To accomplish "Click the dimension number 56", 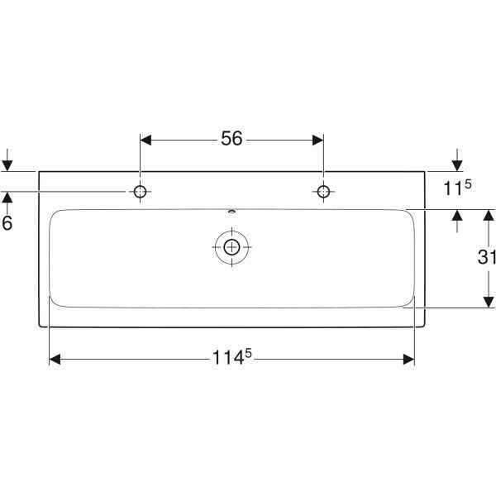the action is pyautogui.click(x=231, y=139).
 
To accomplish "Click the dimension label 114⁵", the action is pyautogui.click(x=231, y=357).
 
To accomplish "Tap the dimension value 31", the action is pyautogui.click(x=487, y=257).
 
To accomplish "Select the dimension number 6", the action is pyautogui.click(x=7, y=223).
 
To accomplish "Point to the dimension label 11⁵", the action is pyautogui.click(x=457, y=188).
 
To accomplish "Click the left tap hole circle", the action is pyautogui.click(x=141, y=192).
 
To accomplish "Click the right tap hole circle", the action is pyautogui.click(x=323, y=192).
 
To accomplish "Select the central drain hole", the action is pyautogui.click(x=231, y=247).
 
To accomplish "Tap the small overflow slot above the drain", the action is pyautogui.click(x=231, y=211).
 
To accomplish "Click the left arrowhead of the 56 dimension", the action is pyautogui.click(x=145, y=141).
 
